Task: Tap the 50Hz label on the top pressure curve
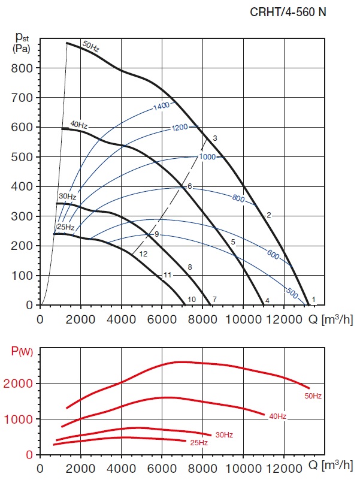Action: click(90, 46)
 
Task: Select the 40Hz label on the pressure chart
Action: click(78, 125)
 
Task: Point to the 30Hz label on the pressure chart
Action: click(67, 197)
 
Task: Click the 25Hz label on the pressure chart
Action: click(65, 228)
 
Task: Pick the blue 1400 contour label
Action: click(162, 106)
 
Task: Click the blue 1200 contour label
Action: click(180, 128)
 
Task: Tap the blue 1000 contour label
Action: click(207, 157)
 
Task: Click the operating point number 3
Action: click(214, 138)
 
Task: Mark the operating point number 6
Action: click(189, 186)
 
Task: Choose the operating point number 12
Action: click(143, 254)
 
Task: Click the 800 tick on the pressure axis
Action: click(22, 68)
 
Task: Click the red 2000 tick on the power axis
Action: click(22, 384)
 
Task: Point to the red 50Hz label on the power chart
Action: click(314, 396)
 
